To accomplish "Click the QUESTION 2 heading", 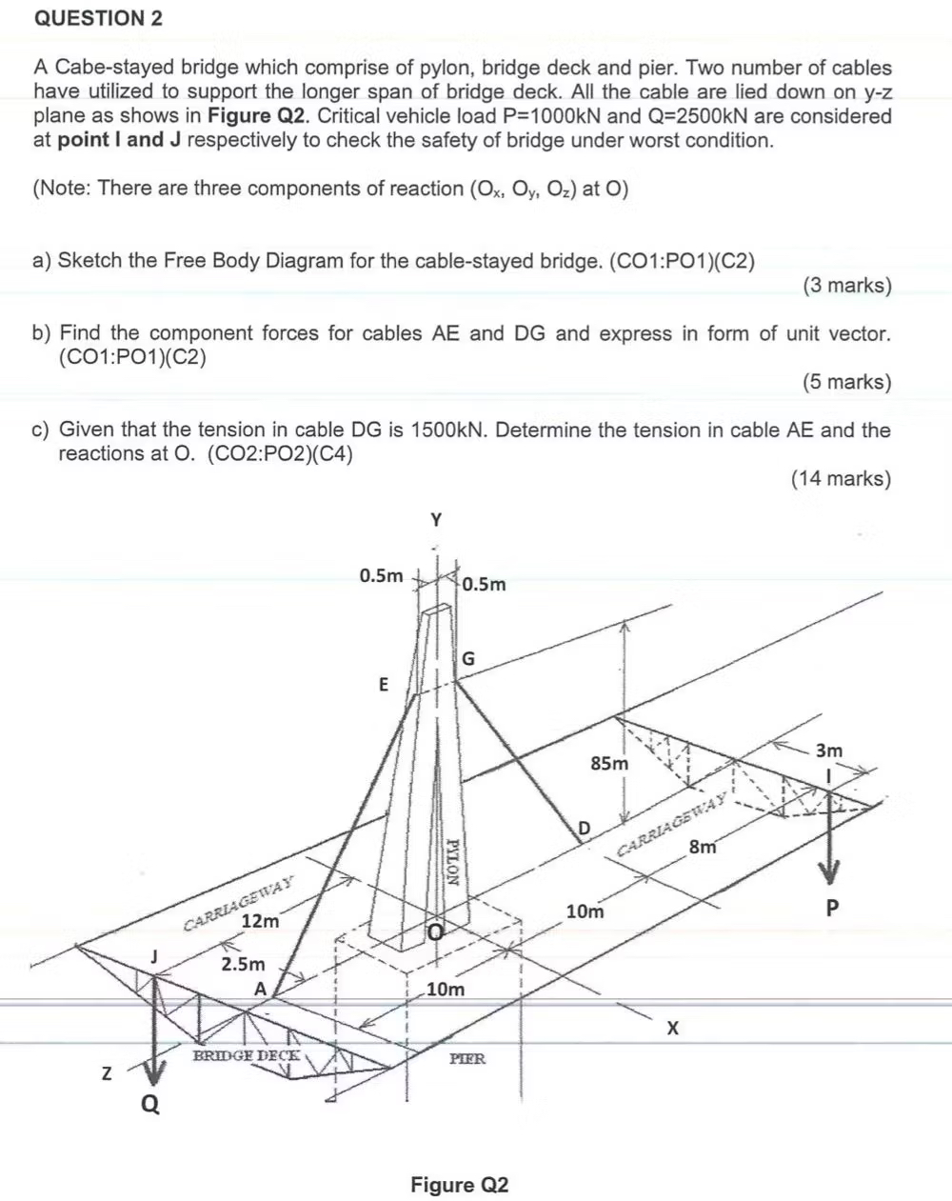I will [x=98, y=18].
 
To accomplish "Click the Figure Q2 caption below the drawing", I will [x=460, y=1185].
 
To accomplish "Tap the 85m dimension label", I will [x=609, y=764].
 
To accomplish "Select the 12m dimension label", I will [x=260, y=921].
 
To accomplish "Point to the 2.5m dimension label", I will [x=243, y=964].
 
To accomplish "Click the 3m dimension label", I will [x=829, y=751].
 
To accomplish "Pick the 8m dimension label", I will [x=704, y=848].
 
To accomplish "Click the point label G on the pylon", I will [x=468, y=658].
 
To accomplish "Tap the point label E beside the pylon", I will [x=384, y=684].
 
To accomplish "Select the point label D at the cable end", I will [x=585, y=825].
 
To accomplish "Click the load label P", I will [x=832, y=908].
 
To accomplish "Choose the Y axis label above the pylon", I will [x=436, y=520].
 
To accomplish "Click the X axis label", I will [x=674, y=1029].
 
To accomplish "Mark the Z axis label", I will [x=108, y=1074].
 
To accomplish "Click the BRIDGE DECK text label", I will [x=247, y=1055].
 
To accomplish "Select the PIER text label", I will [x=467, y=1057].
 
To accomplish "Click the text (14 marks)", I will [x=841, y=478].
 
